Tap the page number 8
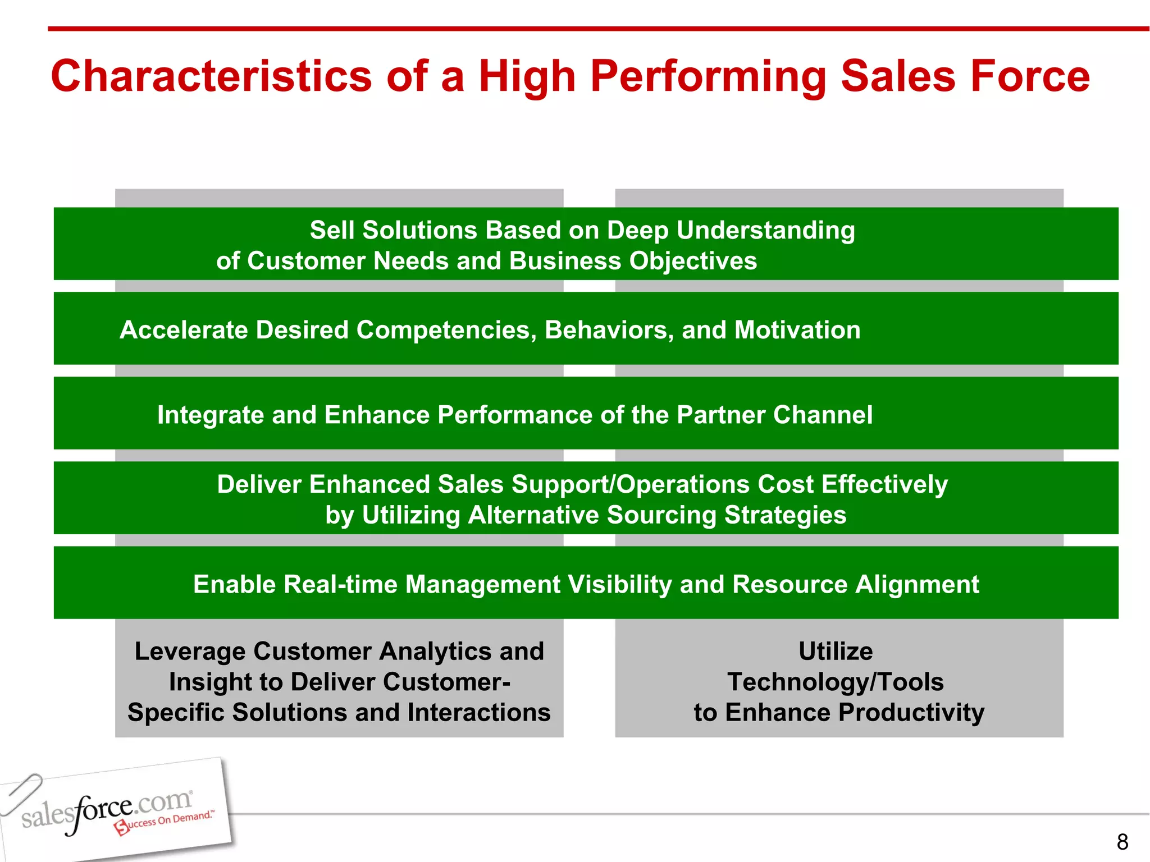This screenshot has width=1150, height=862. tap(1122, 842)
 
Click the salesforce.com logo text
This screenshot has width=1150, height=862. tap(107, 810)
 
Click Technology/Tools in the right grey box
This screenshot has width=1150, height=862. tap(835, 682)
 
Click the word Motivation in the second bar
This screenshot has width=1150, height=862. tap(797, 330)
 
